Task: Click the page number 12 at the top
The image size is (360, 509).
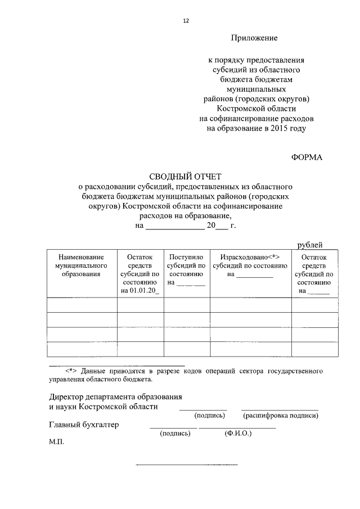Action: click(x=186, y=21)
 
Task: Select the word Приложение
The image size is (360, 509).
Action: click(x=254, y=38)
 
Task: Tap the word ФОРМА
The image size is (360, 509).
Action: click(x=307, y=157)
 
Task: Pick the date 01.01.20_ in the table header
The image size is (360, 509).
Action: click(x=140, y=291)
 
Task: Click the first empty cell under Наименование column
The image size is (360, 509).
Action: click(x=82, y=305)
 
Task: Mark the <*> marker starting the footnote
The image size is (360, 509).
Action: click(x=71, y=371)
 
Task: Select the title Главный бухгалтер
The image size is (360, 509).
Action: click(x=84, y=425)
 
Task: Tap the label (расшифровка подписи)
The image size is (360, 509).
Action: click(x=280, y=416)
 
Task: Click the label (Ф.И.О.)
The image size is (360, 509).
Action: click(x=237, y=434)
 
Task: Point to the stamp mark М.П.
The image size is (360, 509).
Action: click(x=57, y=443)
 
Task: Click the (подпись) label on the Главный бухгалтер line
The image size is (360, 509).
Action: click(x=174, y=434)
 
